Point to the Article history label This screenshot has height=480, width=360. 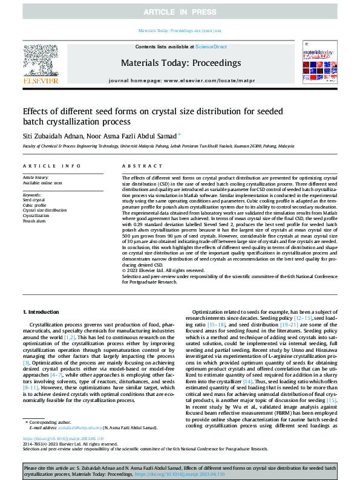click(38, 177)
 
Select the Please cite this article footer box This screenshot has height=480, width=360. click(180, 472)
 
